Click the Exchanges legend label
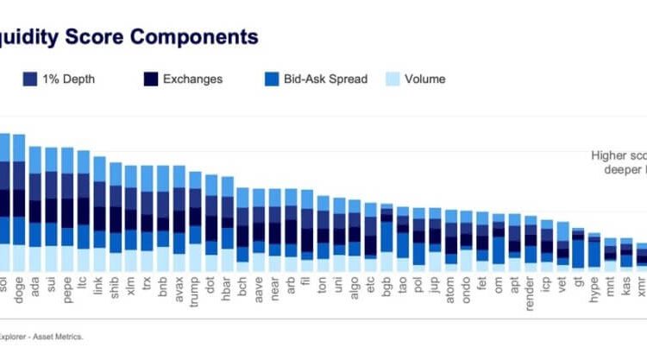192,79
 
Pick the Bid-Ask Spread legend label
328,79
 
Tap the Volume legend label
425,79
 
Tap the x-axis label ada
35,282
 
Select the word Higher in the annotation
608,156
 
